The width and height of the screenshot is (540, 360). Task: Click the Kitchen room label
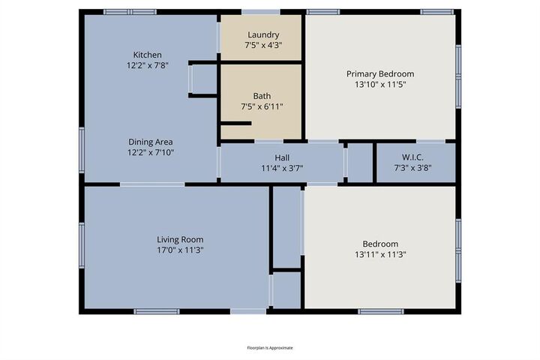click(x=146, y=55)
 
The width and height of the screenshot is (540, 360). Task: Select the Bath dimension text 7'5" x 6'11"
click(x=262, y=106)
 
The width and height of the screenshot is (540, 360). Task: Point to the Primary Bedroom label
click(x=379, y=74)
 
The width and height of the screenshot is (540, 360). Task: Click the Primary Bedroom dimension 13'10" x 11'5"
click(x=379, y=85)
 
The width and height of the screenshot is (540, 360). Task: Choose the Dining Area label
click(x=150, y=142)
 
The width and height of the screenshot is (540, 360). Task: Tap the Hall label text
click(x=282, y=157)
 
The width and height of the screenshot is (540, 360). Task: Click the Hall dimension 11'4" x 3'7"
click(x=282, y=168)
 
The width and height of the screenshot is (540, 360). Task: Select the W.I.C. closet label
click(x=413, y=157)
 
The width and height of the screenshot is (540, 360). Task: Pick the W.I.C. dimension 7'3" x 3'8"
click(x=413, y=168)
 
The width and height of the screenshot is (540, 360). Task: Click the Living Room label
click(x=179, y=240)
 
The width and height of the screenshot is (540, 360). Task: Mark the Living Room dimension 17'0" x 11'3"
click(x=179, y=250)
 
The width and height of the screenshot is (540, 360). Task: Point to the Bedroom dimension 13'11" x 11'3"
click(x=379, y=254)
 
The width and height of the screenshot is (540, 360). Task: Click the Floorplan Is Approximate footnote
click(x=270, y=348)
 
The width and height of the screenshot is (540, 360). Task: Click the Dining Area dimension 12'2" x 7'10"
click(x=150, y=152)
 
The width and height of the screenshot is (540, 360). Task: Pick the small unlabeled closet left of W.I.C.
click(x=360, y=163)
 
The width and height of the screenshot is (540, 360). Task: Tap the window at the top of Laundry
click(x=261, y=11)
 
